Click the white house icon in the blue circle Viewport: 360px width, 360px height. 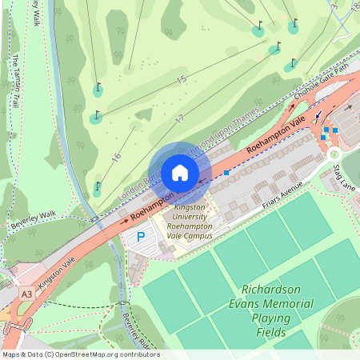tap(179, 173)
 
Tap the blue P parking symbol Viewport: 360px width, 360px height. tap(142, 237)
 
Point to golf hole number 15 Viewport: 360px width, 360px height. tap(181, 79)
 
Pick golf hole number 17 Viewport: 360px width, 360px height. tap(179, 118)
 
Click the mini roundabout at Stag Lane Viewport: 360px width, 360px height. tap(334, 154)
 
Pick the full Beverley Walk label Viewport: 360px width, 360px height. tap(34, 220)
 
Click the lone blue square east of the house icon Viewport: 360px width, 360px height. tap(227, 172)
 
